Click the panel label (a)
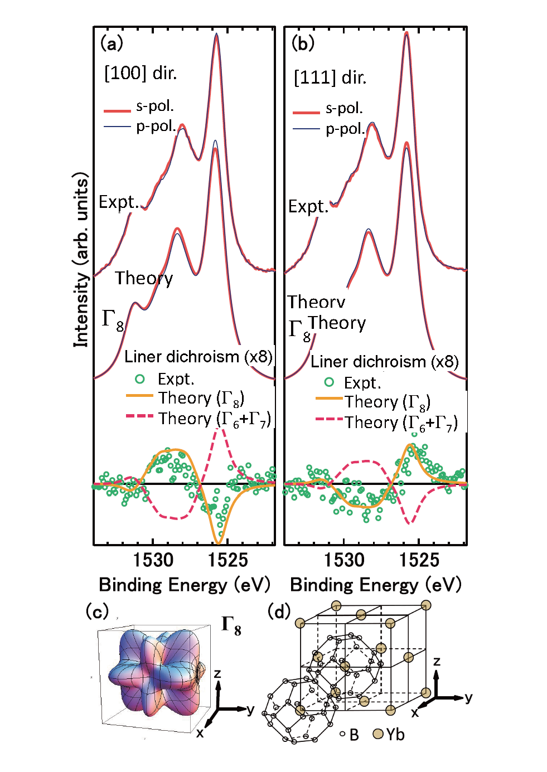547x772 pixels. [112, 43]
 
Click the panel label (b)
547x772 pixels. [303, 43]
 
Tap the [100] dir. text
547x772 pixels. [141, 73]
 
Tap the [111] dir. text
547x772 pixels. [330, 77]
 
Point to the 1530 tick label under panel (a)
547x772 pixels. [153, 560]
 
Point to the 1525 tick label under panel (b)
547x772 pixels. [419, 560]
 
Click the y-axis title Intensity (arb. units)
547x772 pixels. [81, 260]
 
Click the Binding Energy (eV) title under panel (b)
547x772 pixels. [376, 585]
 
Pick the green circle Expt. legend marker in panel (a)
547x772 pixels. [140, 379]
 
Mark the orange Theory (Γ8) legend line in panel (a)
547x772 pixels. [139, 396]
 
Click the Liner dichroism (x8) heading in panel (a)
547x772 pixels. [198, 357]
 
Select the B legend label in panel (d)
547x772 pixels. [354, 735]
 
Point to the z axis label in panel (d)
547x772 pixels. [437, 662]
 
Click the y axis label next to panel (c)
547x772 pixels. [250, 710]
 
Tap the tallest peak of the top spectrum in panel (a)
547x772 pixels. [216, 35]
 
